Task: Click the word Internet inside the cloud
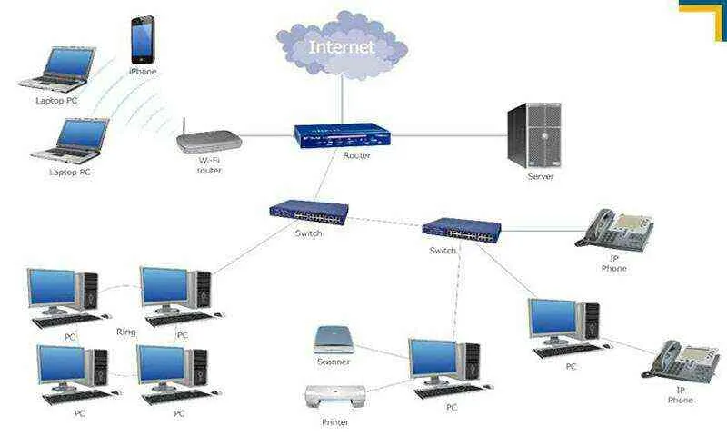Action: click(341, 46)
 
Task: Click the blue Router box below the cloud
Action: click(341, 135)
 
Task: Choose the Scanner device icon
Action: click(334, 340)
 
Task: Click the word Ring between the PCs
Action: click(126, 332)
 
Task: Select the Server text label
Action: click(540, 176)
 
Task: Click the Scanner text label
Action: click(334, 362)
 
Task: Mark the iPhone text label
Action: click(143, 71)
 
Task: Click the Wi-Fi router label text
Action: click(210, 165)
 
